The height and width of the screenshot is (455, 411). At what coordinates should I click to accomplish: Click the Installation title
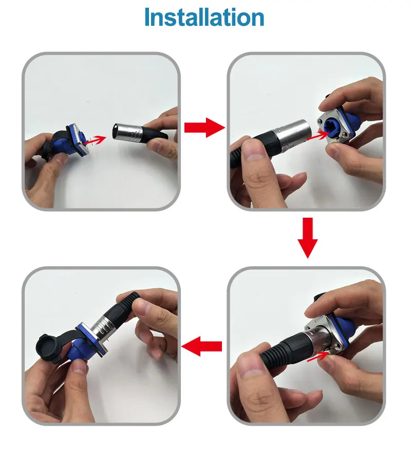click(x=204, y=17)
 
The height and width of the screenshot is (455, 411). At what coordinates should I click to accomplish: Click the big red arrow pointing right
click(x=204, y=127)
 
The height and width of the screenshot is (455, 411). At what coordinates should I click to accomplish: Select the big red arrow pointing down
click(x=308, y=238)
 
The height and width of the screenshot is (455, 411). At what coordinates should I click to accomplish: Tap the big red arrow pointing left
click(x=201, y=346)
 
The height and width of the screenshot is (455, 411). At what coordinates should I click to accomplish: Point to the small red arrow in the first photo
click(x=95, y=140)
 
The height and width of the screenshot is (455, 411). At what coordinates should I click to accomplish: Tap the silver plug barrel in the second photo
click(x=292, y=133)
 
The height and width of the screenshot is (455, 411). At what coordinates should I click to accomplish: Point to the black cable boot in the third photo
click(x=283, y=348)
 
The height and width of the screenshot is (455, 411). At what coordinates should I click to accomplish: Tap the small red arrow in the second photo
click(x=318, y=135)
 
